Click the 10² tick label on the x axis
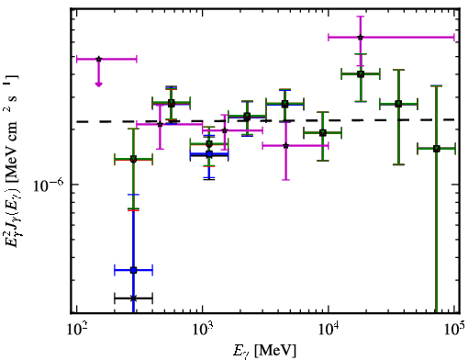[76, 331]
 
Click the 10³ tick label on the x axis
[202, 331]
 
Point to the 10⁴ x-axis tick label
[329, 331]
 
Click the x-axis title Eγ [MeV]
[264, 351]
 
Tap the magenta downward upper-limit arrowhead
[98, 84]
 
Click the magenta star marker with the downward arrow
[98, 59]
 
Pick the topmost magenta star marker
[361, 38]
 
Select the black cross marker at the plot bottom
[133, 298]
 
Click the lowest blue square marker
[133, 270]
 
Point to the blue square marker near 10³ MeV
[209, 154]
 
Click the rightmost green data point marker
[437, 149]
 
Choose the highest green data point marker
[361, 73]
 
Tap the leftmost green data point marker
[133, 160]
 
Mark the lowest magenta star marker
[285, 146]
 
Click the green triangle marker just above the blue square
[209, 143]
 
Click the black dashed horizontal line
[265, 121]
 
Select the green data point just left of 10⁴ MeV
[322, 133]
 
